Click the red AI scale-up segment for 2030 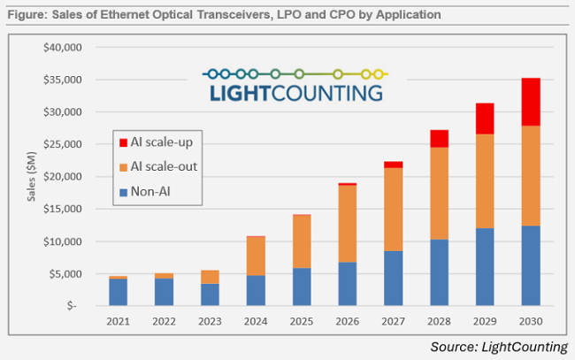click(x=530, y=102)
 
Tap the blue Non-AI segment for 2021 click(x=117, y=293)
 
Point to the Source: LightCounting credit click(x=499, y=346)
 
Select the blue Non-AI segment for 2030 click(x=530, y=265)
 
